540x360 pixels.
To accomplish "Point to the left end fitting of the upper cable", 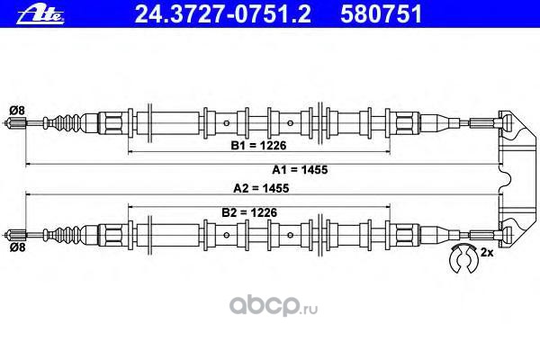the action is click(17, 122).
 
